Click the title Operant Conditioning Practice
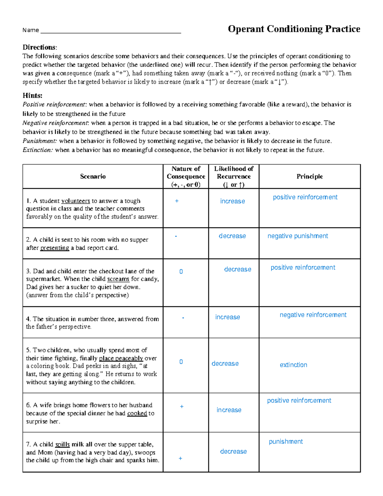(294, 29)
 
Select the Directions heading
(40, 47)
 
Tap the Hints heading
(32, 95)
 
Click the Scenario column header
(93, 177)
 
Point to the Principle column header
(309, 177)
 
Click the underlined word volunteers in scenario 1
(76, 201)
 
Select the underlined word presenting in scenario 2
(55, 248)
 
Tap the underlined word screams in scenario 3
(118, 279)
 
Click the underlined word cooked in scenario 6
(137, 413)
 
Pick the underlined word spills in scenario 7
(62, 444)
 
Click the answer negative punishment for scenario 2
(297, 236)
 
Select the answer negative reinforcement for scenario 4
(313, 315)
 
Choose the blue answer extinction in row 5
(293, 365)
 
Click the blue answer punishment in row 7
(286, 442)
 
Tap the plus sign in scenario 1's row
(177, 201)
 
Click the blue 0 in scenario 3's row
(181, 272)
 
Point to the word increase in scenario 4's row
(228, 317)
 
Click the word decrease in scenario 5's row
(225, 364)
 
